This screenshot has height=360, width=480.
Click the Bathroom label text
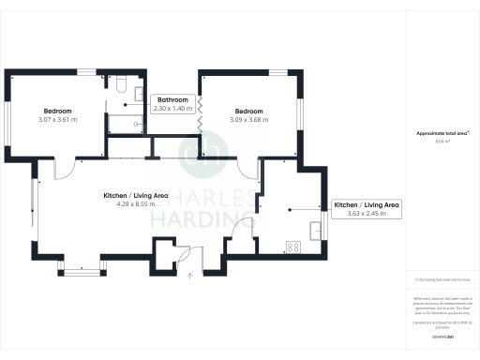tap(172, 100)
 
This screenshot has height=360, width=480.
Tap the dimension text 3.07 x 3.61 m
tap(58, 119)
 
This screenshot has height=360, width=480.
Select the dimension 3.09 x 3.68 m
tap(250, 119)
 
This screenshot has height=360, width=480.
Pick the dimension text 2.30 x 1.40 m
tap(172, 110)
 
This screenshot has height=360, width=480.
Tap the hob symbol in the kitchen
tap(292, 247)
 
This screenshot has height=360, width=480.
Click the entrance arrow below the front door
tap(190, 275)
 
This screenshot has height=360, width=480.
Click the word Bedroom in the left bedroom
tap(58, 110)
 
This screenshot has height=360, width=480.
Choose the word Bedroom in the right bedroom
tap(250, 110)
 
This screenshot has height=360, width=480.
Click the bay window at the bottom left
tap(79, 271)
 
